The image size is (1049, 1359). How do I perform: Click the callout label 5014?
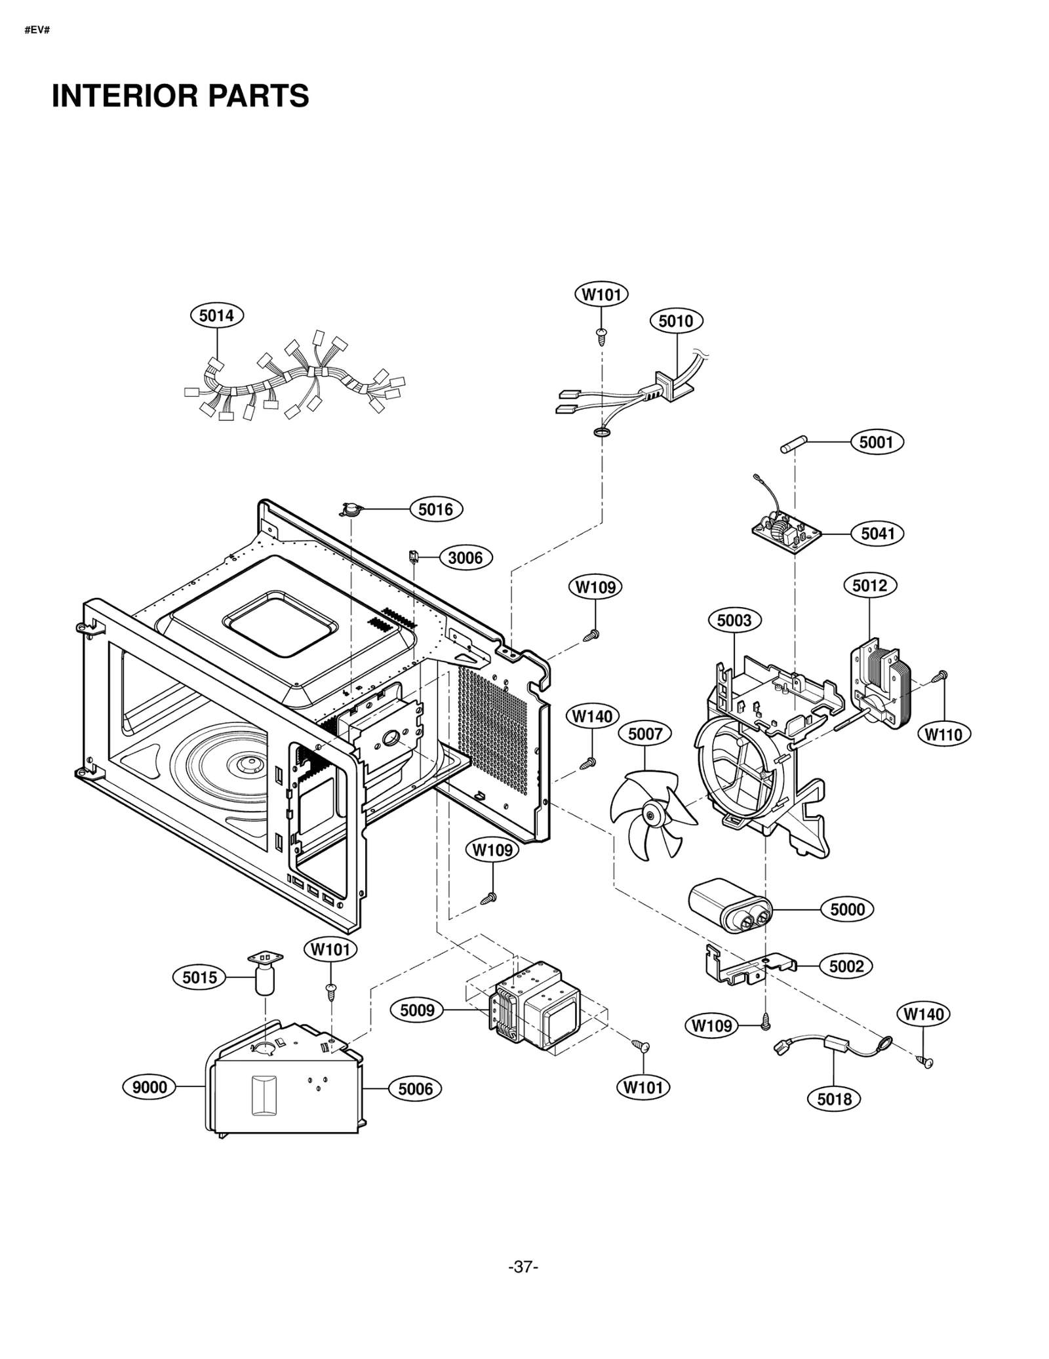(216, 315)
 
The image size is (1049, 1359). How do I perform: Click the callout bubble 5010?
(676, 321)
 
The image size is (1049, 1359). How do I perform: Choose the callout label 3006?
(465, 558)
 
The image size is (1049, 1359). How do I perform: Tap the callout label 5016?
(436, 509)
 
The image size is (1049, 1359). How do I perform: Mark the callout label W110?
(943, 734)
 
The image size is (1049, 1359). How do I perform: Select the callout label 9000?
(149, 1087)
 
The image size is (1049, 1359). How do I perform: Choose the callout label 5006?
(415, 1089)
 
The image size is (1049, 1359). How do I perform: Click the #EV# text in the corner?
(37, 31)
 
